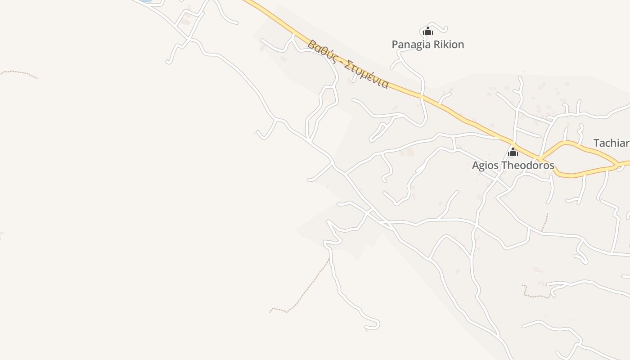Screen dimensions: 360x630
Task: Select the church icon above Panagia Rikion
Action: point(427,31)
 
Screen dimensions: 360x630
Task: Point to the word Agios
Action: point(485,165)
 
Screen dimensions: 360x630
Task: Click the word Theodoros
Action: point(527,165)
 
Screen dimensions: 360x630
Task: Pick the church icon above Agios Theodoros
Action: point(513,152)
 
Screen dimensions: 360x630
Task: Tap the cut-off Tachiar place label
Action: point(611,143)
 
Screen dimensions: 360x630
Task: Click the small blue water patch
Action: point(145,1)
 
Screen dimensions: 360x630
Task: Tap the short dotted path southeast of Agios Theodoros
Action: point(545,222)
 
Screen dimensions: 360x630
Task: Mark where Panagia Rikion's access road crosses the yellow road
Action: point(422,96)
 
